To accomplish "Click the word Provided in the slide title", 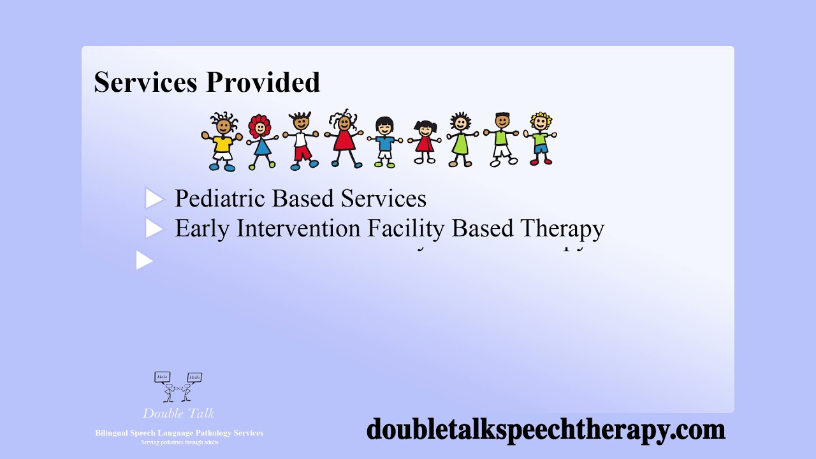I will [263, 83].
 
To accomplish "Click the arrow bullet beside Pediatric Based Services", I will [154, 199].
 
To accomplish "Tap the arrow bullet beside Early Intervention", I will [154, 228].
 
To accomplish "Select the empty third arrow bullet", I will [145, 260].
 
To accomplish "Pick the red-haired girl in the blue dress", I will [259, 142].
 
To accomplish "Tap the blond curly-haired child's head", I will [541, 121].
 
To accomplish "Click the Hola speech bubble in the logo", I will [163, 377].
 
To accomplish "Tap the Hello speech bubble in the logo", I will [194, 377].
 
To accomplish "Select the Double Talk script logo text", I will [178, 413].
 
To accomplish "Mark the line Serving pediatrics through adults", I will [179, 442].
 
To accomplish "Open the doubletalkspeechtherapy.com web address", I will [546, 429].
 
